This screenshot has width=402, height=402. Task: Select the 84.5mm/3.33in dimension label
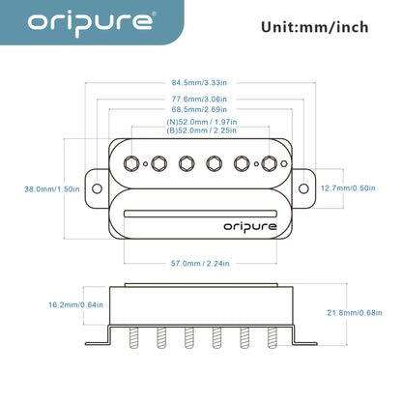(x=201, y=83)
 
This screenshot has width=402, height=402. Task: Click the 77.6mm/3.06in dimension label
(x=201, y=99)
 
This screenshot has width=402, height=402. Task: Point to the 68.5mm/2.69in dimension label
(x=201, y=112)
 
